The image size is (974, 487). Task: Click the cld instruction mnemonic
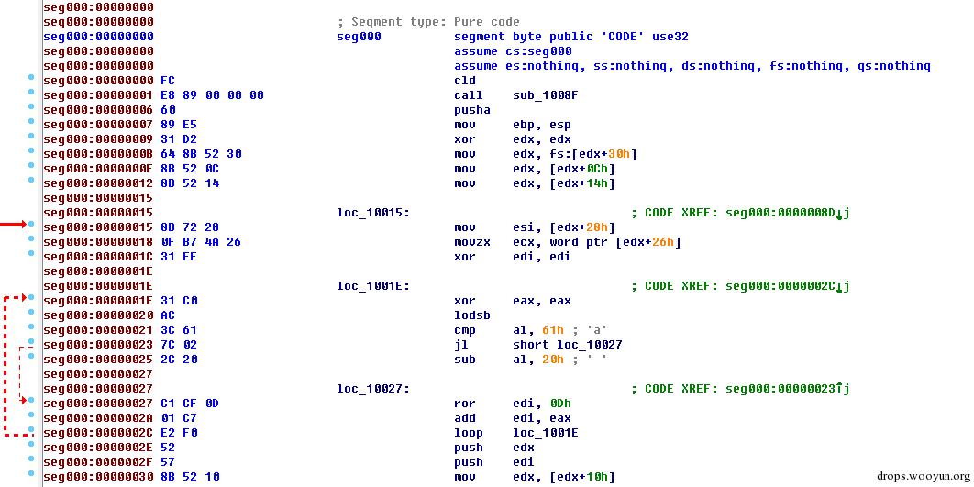(465, 81)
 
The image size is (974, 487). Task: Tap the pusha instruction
(472, 111)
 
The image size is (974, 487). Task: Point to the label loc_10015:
(372, 213)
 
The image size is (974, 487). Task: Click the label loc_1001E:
(372, 286)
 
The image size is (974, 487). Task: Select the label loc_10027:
(372, 390)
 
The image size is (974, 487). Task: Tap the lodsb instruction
(472, 315)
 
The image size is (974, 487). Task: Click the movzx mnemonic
(472, 242)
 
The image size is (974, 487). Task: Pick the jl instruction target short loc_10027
(567, 345)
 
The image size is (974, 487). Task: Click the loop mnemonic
(469, 433)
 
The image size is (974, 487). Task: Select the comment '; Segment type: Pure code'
(428, 22)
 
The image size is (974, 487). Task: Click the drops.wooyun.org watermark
(923, 476)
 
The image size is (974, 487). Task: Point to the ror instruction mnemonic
(465, 404)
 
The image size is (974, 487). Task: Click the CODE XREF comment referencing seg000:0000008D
(740, 213)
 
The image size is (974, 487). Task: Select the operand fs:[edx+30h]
(574, 155)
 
